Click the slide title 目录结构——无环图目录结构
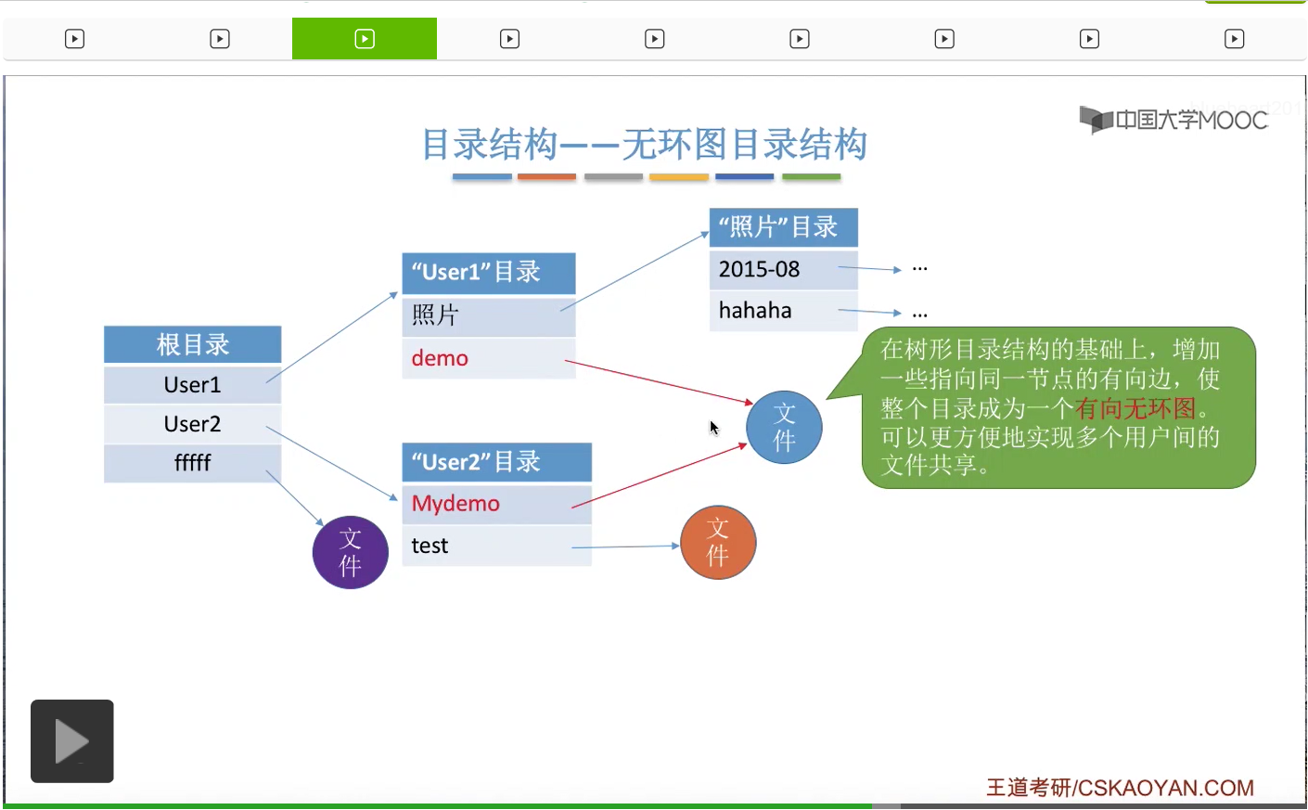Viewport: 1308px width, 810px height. (644, 145)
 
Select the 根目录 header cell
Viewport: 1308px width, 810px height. (192, 344)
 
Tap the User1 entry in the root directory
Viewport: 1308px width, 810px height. (192, 385)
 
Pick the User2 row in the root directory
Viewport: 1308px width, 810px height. (192, 424)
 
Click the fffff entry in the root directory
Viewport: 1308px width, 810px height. (192, 463)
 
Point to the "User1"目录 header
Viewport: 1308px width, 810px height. (488, 273)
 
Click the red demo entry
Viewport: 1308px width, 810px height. (440, 358)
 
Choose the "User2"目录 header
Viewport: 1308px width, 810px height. (495, 462)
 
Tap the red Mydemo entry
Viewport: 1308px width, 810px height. (455, 504)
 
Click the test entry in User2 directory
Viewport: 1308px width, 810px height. (430, 546)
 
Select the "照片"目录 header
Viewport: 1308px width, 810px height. (783, 227)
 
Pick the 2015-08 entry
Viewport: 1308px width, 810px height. (759, 270)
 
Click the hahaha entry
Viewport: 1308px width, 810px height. (755, 311)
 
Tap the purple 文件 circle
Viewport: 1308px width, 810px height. (350, 553)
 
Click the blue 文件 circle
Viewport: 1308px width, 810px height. (784, 428)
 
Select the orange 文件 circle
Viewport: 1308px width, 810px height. (718, 543)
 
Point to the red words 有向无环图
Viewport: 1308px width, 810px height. (1135, 408)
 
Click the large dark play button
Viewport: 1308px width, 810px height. (72, 741)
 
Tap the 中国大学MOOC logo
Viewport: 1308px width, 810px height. (1173, 120)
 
